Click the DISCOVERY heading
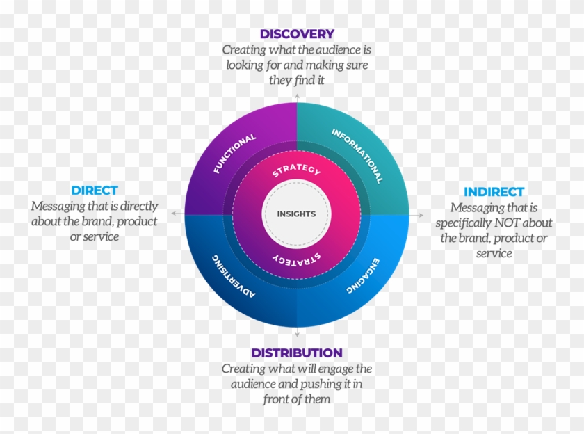tap(297, 33)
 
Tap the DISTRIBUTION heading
tap(297, 353)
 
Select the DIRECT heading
tap(95, 190)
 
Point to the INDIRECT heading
tap(494, 191)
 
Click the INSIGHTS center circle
tap(296, 214)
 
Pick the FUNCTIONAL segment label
tap(234, 154)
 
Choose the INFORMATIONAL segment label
tap(357, 155)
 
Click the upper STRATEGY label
tap(296, 170)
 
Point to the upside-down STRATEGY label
tap(296, 258)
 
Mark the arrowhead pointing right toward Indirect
tap(420, 215)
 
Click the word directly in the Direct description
tap(138, 206)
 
